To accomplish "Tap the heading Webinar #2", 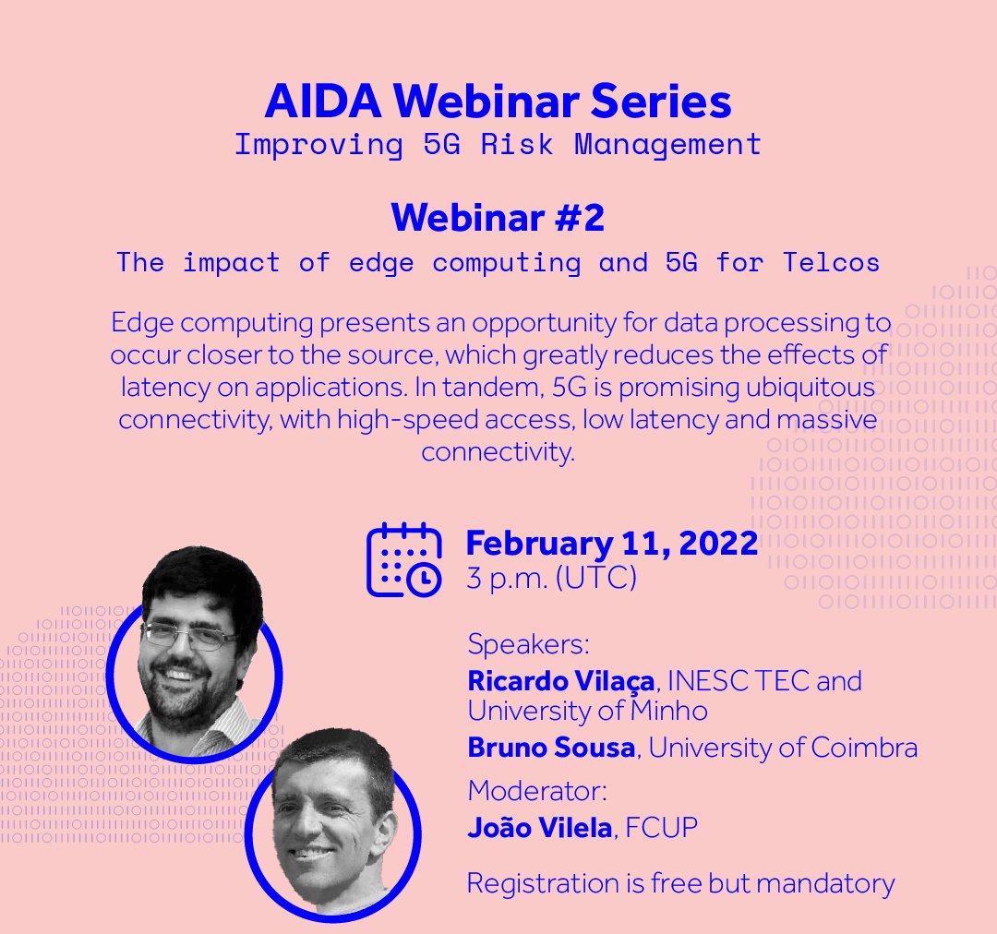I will coord(498,218).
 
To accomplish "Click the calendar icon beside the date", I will coord(403,559).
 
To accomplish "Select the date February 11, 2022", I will coord(612,543).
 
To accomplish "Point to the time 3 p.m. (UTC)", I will coord(552,579).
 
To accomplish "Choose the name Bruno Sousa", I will coord(551,748).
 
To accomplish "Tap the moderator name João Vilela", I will coord(539,828).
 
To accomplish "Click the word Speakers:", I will coord(528,643).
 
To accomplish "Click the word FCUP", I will coord(661,828).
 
